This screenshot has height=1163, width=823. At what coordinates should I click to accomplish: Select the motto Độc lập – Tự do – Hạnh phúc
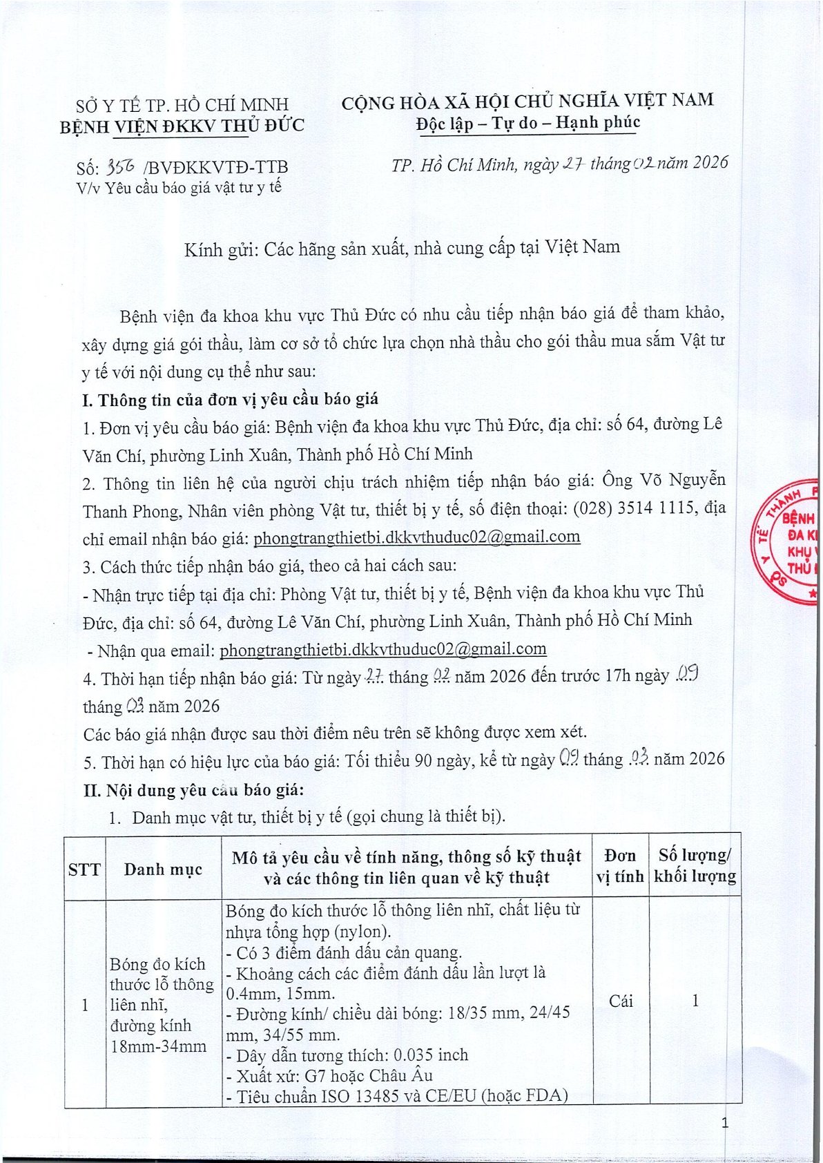pos(528,123)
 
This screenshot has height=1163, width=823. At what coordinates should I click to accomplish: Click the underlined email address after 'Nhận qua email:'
pos(383,649)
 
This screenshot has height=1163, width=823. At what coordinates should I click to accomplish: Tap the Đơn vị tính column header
pos(619,866)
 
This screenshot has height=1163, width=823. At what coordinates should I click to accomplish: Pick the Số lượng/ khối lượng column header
pos(695,866)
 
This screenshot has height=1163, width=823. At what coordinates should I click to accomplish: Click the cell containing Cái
pos(621,1001)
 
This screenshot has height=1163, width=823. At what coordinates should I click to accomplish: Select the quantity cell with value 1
pos(695,1001)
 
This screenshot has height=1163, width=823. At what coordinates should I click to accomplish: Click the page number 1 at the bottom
pos(724,1123)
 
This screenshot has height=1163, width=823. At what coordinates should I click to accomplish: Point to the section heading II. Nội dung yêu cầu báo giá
pos(193,789)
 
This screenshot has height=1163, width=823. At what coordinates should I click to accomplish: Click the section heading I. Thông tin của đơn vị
pos(230,400)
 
